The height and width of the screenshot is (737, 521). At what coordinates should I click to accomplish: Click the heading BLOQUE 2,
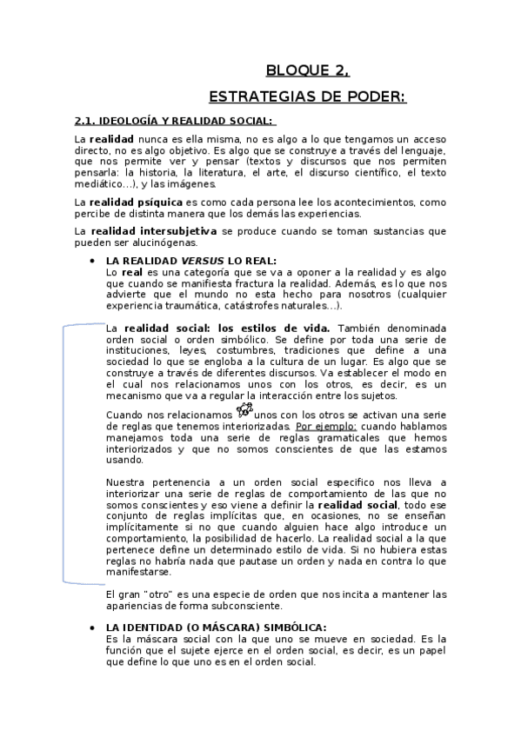307,72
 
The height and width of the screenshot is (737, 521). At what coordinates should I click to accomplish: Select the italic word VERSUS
202,261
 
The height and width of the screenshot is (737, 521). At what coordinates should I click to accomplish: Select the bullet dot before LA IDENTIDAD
92,627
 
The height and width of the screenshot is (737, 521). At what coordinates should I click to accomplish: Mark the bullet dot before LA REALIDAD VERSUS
92,261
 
